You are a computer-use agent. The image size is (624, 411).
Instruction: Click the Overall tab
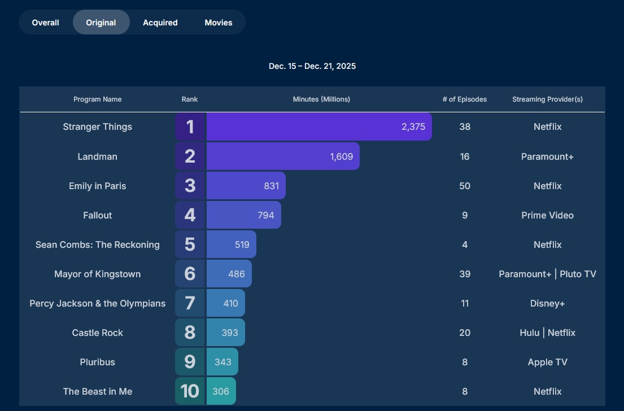[46, 23]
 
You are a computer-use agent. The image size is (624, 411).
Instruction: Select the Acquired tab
[160, 23]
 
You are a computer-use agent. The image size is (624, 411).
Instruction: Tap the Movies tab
[219, 23]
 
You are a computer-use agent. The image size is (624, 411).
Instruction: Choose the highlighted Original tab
[101, 23]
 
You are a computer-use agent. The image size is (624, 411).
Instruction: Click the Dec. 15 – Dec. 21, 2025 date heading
[312, 66]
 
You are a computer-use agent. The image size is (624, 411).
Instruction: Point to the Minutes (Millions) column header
[321, 99]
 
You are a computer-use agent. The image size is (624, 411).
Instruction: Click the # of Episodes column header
[465, 99]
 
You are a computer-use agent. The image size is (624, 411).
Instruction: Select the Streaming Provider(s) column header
[547, 99]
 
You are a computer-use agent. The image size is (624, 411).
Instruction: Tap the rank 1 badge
[190, 126]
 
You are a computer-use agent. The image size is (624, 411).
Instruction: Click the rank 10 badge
[190, 391]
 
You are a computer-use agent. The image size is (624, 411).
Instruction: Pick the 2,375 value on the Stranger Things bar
[413, 127]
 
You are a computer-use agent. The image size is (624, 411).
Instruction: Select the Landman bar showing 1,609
[283, 156]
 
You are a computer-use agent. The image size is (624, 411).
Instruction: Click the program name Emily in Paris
[98, 186]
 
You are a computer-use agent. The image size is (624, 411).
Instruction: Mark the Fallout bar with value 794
[243, 215]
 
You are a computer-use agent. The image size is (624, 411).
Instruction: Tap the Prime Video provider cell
[547, 215]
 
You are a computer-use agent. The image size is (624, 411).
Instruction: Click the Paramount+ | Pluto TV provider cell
[547, 274]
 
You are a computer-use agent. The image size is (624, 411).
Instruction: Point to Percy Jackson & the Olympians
[98, 303]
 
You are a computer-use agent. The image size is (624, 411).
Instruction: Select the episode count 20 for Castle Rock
[465, 333]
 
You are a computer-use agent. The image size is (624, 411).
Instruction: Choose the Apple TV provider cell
[547, 362]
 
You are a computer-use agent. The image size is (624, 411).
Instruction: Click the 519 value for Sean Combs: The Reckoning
[242, 244]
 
